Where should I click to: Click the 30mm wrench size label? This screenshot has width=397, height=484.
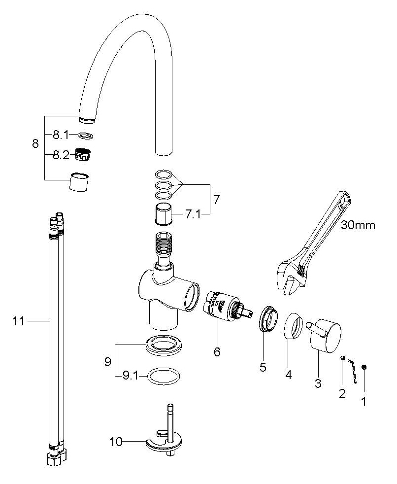(x=358, y=225)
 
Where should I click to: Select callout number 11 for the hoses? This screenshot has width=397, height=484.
(x=19, y=321)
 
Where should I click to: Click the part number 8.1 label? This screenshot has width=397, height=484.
(x=61, y=135)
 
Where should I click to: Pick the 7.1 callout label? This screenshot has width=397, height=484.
(x=193, y=214)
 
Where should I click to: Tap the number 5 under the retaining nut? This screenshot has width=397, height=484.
(x=263, y=367)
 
